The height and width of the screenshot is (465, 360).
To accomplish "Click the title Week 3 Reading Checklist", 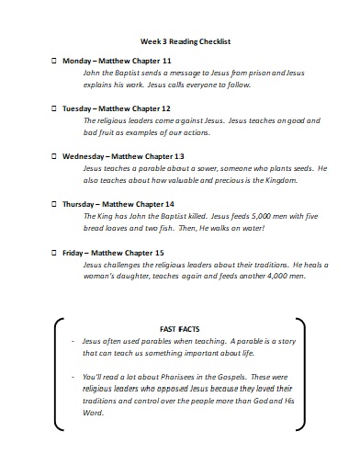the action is (x=184, y=41).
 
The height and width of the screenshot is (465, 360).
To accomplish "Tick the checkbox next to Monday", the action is (x=52, y=61).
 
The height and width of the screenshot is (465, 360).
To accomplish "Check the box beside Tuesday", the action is (x=52, y=108).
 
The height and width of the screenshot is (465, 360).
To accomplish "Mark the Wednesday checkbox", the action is (x=52, y=156).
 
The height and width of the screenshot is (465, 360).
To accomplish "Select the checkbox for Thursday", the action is (x=52, y=203).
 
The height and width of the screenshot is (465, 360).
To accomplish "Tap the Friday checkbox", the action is (x=52, y=252).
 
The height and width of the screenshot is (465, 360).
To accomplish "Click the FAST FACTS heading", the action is (x=179, y=327).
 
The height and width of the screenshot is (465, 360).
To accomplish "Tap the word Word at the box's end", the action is (x=93, y=412).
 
